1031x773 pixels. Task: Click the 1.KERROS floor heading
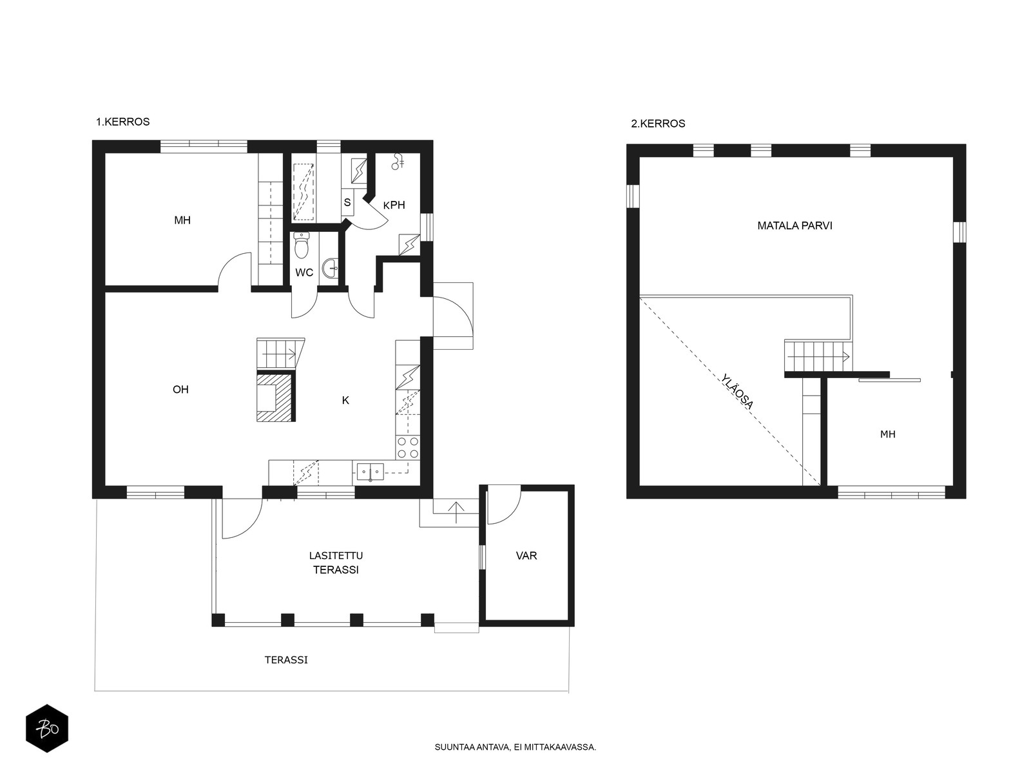122,122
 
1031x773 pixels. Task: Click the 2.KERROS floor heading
658,124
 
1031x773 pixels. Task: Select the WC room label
304,272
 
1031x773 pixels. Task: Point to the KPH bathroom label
394,205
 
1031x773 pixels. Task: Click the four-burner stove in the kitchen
408,447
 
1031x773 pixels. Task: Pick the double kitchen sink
370,472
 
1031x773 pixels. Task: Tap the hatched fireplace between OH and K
276,397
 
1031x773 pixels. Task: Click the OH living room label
180,389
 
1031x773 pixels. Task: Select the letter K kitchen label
345,400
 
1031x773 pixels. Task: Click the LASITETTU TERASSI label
336,562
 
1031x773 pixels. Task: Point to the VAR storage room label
526,556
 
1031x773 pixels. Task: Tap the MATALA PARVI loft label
795,225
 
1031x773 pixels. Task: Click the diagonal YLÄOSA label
737,391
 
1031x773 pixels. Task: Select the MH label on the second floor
887,434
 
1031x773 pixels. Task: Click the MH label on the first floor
182,220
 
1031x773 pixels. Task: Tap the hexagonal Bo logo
47,729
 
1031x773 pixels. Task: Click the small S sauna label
347,202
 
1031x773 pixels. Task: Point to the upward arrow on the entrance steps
456,512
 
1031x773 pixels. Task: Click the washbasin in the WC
330,269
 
